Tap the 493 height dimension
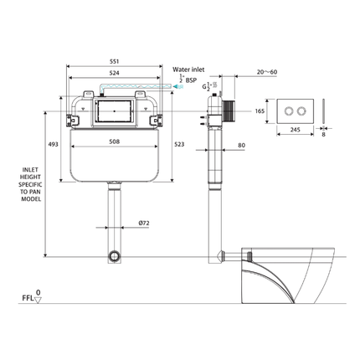53,146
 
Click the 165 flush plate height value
260,110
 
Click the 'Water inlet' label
189,69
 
